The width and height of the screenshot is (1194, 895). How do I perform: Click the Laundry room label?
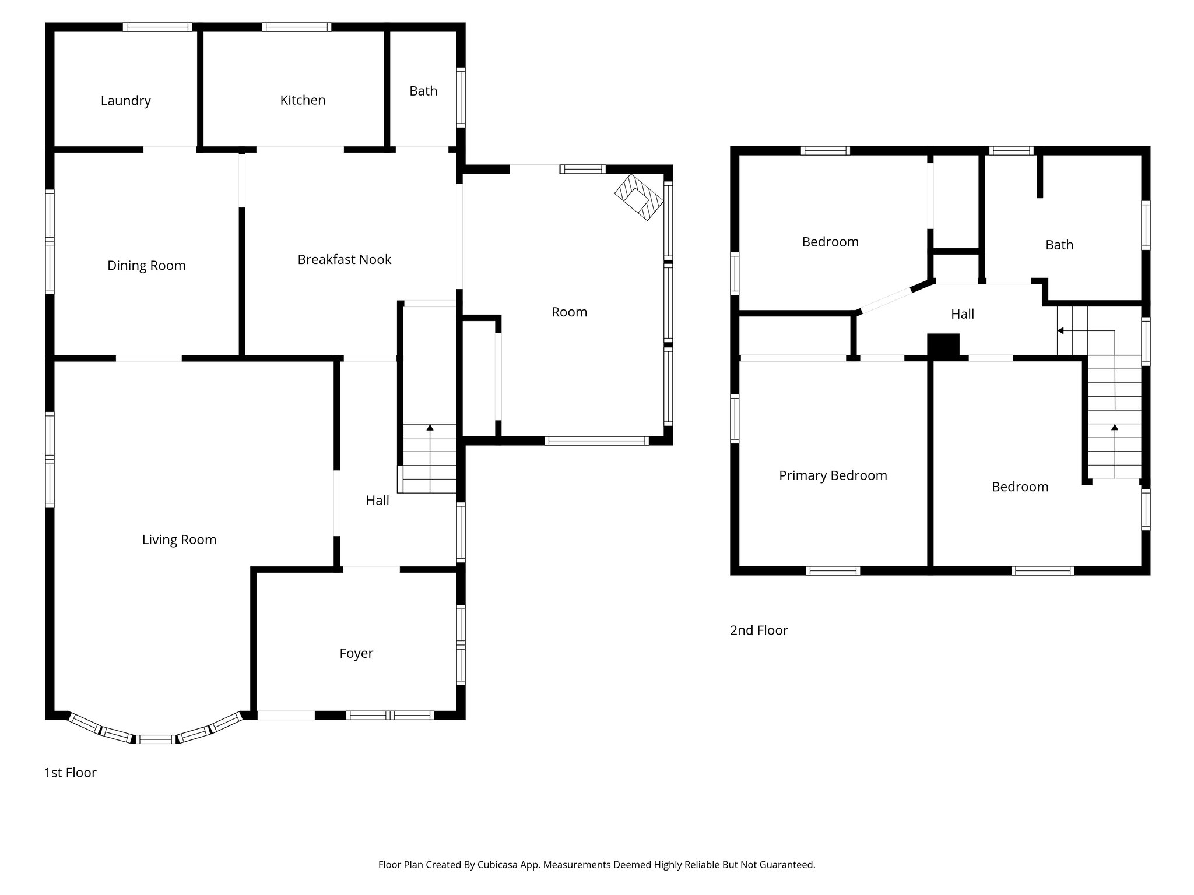pyautogui.click(x=125, y=101)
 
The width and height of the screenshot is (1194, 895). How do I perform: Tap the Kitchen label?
pyautogui.click(x=303, y=100)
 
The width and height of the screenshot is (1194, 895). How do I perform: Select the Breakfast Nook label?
pyautogui.click(x=344, y=259)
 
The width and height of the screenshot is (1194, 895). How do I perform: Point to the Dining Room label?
pyautogui.click(x=146, y=266)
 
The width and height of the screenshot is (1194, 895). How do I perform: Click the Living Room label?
pyautogui.click(x=179, y=540)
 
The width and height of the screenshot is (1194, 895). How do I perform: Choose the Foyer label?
pyautogui.click(x=356, y=653)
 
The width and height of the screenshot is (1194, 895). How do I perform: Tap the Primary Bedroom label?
pyautogui.click(x=833, y=475)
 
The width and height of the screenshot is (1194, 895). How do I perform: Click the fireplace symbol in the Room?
pyautogui.click(x=639, y=198)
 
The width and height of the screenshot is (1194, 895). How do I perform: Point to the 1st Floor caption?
pyautogui.click(x=70, y=773)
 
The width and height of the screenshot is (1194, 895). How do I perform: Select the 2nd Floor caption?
pyautogui.click(x=758, y=630)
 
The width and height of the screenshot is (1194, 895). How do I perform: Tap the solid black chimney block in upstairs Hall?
pyautogui.click(x=943, y=345)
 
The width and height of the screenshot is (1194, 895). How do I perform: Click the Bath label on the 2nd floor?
pyautogui.click(x=1059, y=245)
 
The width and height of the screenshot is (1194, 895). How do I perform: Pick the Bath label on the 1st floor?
pyautogui.click(x=423, y=91)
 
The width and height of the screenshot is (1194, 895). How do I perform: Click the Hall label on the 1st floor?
pyautogui.click(x=377, y=500)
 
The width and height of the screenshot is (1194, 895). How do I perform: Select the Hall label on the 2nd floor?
pyautogui.click(x=962, y=314)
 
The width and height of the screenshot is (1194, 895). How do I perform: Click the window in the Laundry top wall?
pyautogui.click(x=157, y=27)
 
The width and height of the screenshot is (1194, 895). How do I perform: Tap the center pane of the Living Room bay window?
pyautogui.click(x=156, y=739)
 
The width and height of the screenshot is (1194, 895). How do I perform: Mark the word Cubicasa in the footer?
pyautogui.click(x=498, y=865)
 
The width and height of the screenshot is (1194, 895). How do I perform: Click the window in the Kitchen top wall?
pyautogui.click(x=297, y=27)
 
